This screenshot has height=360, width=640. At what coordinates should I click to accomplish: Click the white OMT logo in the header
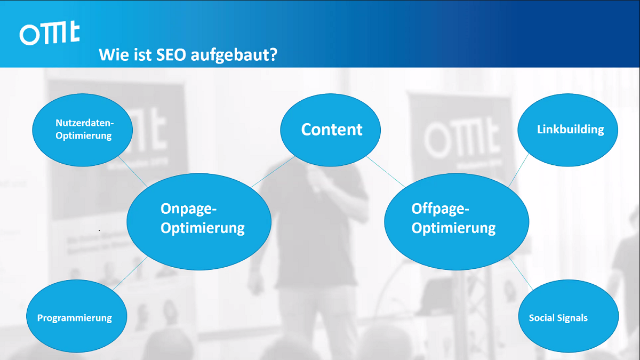pos(50,33)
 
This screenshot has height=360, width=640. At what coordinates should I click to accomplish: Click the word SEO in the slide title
pos(171,54)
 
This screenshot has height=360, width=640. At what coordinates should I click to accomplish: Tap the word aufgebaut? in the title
pos(234,55)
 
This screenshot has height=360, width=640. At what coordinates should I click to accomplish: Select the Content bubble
pos(330,130)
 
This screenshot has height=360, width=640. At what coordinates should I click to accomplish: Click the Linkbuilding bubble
pos(567,130)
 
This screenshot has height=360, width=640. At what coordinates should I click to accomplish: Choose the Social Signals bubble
pos(569,316)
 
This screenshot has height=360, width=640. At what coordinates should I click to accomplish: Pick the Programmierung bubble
pos(77,316)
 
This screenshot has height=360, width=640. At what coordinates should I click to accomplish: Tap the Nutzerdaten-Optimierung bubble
pos(82,130)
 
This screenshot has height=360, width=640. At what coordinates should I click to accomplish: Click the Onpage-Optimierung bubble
pos(199,222)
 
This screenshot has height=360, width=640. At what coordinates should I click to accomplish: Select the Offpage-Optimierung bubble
pos(457,222)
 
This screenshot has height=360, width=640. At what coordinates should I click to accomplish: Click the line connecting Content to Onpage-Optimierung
pos(273,172)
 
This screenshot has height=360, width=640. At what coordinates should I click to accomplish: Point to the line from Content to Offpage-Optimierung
pos(386,172)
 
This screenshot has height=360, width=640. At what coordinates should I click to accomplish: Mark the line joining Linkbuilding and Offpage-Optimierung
pos(518,170)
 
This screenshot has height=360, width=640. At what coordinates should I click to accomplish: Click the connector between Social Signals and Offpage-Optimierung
pos(521,274)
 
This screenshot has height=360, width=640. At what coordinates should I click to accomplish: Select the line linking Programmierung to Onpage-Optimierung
pos(130,274)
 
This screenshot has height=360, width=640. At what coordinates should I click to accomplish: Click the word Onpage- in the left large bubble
pos(189,209)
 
